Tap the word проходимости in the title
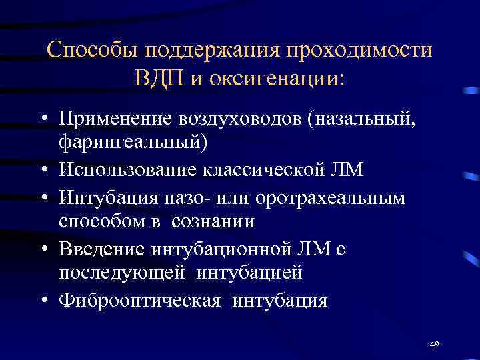(x=361, y=51)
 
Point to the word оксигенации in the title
(x=277, y=77)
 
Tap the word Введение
(x=103, y=249)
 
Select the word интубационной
(x=230, y=249)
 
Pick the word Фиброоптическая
(x=139, y=300)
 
